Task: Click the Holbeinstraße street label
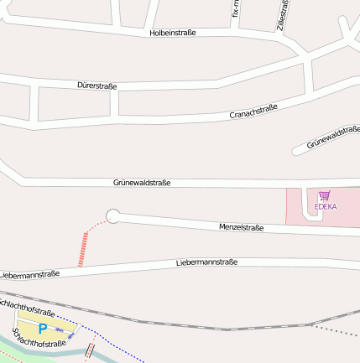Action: coord(172,33)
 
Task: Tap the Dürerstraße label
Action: coord(97,86)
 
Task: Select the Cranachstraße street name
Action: coord(253,112)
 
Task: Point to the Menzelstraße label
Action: coord(241,227)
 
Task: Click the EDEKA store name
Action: coord(325,206)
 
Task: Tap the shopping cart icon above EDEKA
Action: coord(324,194)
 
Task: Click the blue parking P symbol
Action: coord(42,329)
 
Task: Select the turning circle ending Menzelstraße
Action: coord(113,216)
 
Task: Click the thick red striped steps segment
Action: coord(82,250)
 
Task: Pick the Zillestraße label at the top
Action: coord(283,15)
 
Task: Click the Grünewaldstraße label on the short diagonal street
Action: coord(332,137)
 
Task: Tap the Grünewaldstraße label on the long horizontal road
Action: coord(142,182)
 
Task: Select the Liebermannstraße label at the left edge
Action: coord(29,274)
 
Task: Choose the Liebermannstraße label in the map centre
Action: coord(206,262)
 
